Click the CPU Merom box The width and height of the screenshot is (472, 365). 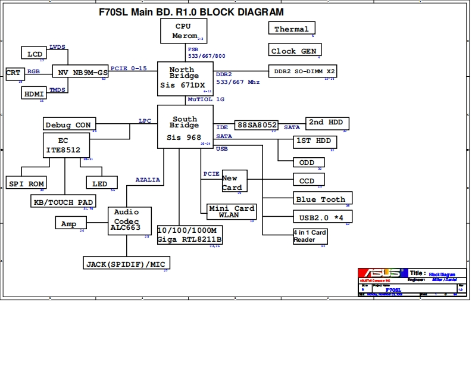(184, 31)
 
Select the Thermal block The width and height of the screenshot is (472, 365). (292, 29)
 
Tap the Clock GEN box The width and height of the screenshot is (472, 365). (293, 51)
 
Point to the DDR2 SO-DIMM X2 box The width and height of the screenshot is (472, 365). (303, 71)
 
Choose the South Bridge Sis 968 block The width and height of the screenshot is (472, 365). (185, 127)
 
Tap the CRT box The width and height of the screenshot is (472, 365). (14, 73)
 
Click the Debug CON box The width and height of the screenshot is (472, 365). (69, 124)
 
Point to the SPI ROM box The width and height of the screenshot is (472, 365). (27, 184)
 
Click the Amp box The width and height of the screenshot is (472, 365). (70, 224)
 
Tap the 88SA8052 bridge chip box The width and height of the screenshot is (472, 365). (257, 125)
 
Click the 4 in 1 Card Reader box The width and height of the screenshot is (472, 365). (310, 236)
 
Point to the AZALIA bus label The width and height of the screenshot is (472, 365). (148, 180)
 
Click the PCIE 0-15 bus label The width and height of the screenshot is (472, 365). (129, 68)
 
